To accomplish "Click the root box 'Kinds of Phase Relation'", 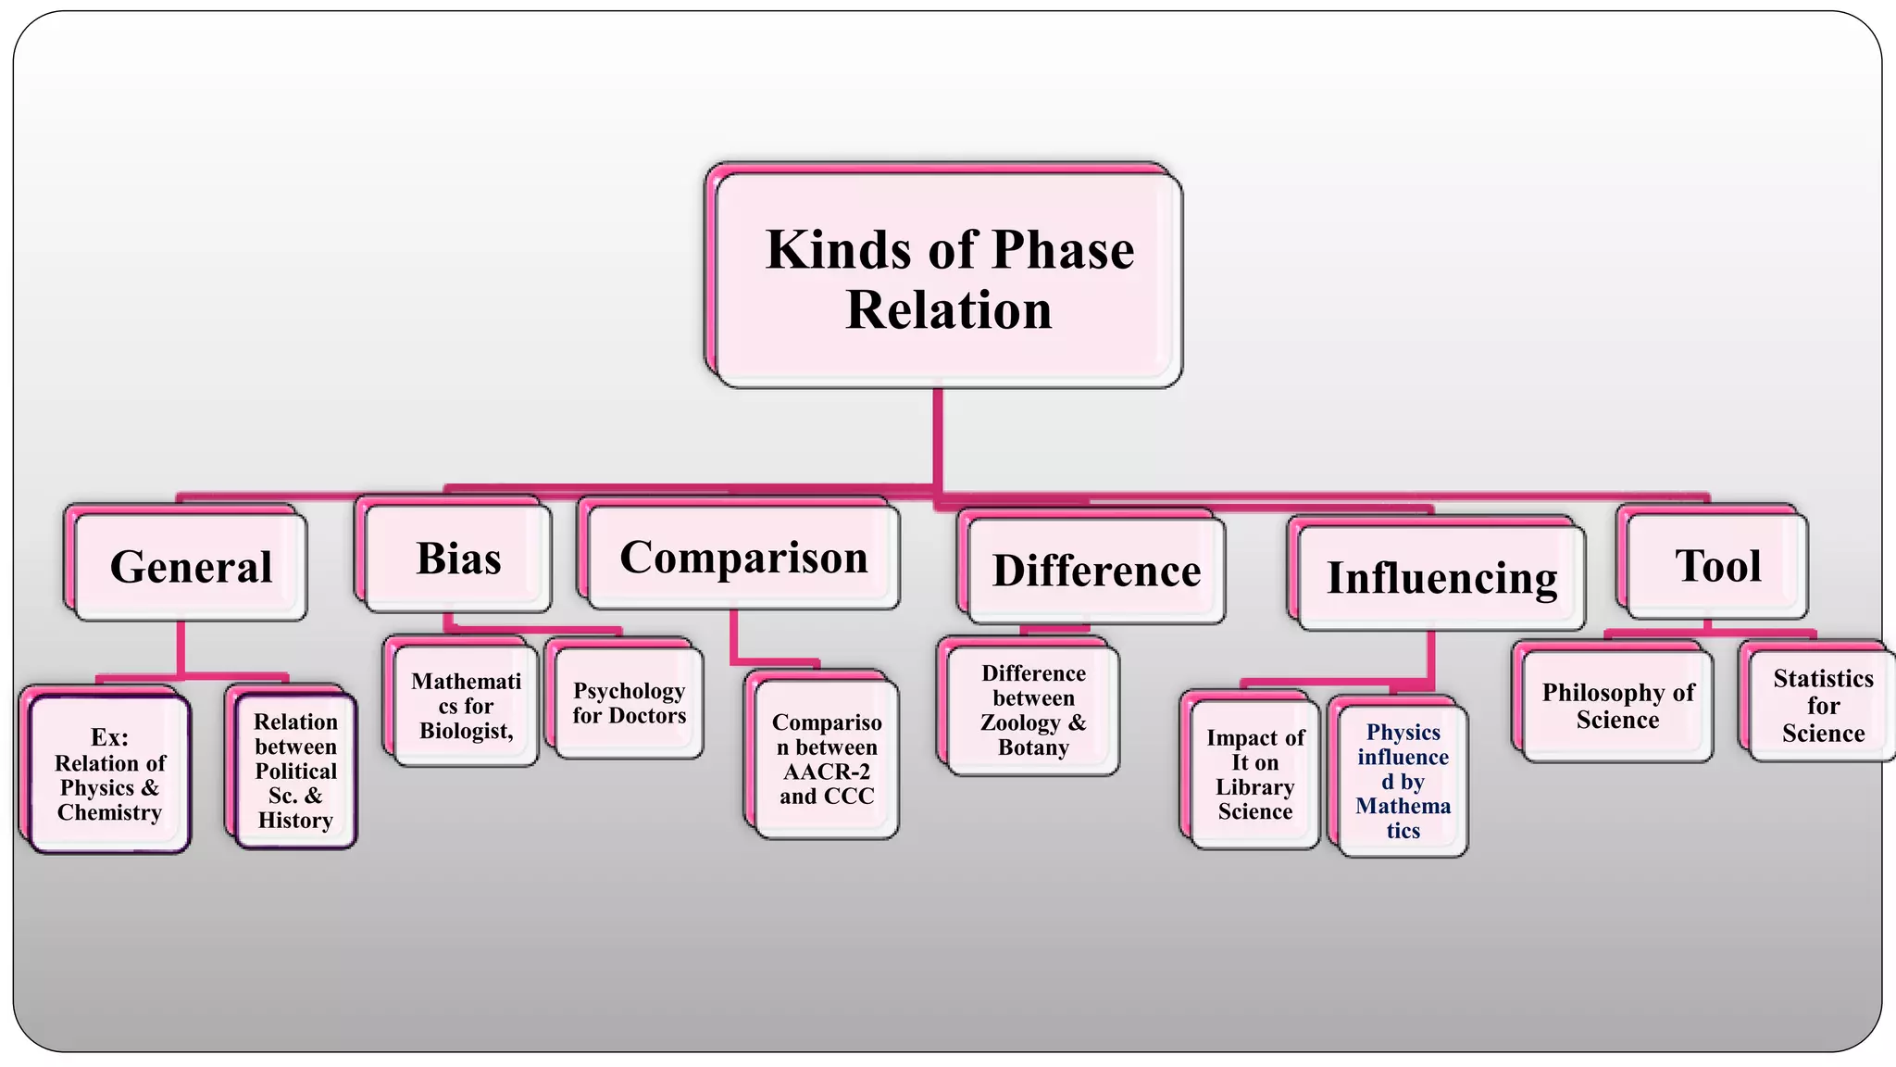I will (948, 279).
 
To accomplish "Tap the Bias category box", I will (458, 559).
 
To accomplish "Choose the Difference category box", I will (1096, 571).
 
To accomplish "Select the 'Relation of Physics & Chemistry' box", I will (109, 774).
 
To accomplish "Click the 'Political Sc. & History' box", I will (295, 771).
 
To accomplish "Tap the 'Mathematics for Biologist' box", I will (466, 706).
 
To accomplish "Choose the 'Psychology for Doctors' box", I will (629, 703).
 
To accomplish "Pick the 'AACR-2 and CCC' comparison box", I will (826, 759).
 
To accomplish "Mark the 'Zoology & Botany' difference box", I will (1033, 710).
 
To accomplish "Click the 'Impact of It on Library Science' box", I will (1254, 774).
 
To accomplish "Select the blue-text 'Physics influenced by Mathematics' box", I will (1403, 781).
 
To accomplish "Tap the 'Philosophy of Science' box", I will (1617, 706).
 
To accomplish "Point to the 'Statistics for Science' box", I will (1822, 706).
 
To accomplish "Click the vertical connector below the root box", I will (938, 435).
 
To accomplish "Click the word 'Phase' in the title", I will (1063, 250).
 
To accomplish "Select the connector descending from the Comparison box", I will (734, 637).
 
